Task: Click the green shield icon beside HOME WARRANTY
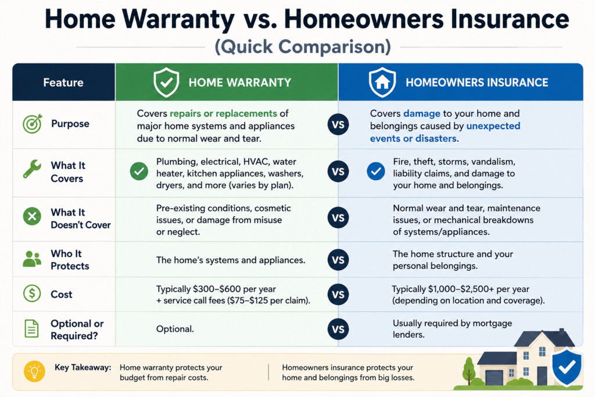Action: coord(166,82)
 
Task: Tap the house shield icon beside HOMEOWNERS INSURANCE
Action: coord(382,82)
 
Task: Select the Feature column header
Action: coord(63,83)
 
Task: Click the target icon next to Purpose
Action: coord(33,124)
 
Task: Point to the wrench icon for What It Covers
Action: coord(32,169)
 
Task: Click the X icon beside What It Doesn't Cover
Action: coord(33,216)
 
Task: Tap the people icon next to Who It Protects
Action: coord(33,259)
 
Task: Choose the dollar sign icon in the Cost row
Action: coord(33,294)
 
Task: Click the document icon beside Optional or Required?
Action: coord(31,328)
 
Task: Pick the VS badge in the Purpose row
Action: coord(338,124)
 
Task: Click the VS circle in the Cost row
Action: coord(338,295)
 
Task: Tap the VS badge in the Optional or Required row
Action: coord(338,329)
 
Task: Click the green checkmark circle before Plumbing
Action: coord(139,171)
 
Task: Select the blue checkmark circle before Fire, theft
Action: coord(376,171)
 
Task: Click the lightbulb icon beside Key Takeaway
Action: coord(34,371)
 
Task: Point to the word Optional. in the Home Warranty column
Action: coord(175,329)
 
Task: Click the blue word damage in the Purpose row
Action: coord(422,113)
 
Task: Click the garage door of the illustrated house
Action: coord(494,378)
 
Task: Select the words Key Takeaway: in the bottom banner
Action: coord(83,367)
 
